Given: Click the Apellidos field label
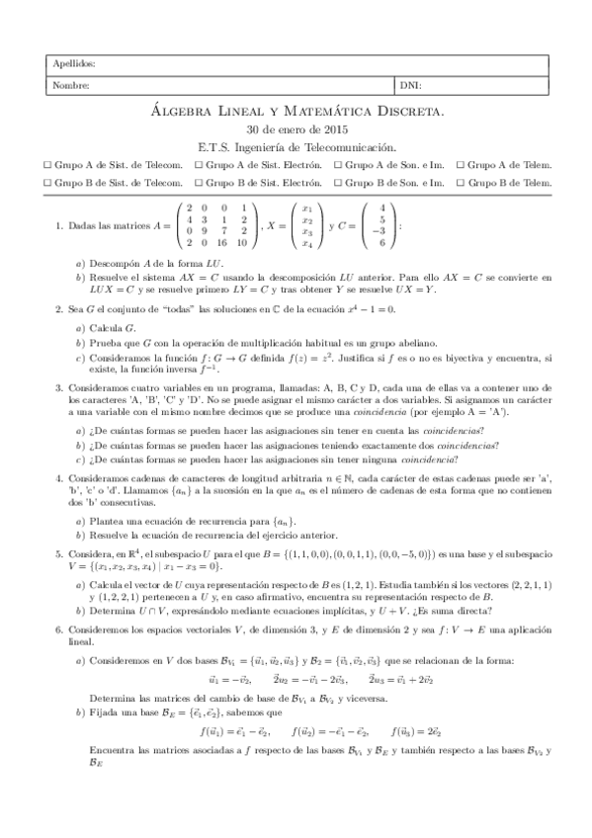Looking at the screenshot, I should pyautogui.click(x=75, y=64).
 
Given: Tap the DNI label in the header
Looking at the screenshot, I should pyautogui.click(x=410, y=86).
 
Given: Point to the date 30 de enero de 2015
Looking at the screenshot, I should pyautogui.click(x=296, y=129).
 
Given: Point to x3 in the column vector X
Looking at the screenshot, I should pyautogui.click(x=307, y=231).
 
